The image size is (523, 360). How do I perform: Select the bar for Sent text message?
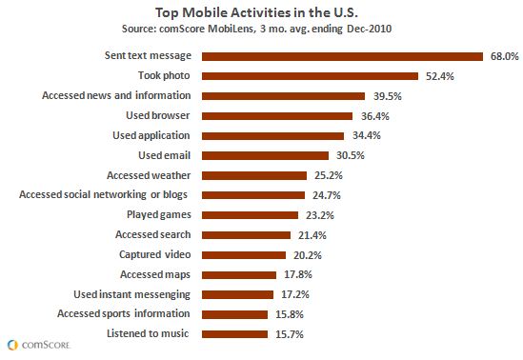click(344, 56)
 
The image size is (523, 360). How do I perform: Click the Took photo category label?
click(164, 76)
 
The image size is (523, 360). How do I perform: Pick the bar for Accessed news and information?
click(284, 96)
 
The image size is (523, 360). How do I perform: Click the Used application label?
click(151, 135)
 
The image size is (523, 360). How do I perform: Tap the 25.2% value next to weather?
click(327, 175)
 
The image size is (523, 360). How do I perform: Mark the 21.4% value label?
click(310, 234)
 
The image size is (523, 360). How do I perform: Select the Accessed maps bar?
click(235, 274)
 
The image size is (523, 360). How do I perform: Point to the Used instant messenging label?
click(132, 293)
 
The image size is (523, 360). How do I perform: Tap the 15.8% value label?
click(288, 313)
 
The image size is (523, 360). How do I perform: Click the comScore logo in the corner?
click(34, 344)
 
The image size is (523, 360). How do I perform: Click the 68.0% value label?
click(503, 56)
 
